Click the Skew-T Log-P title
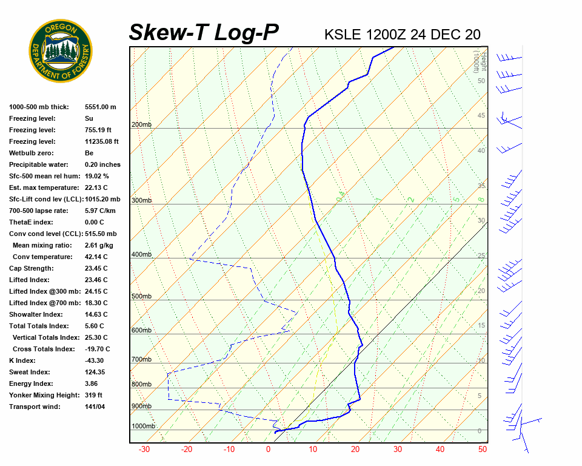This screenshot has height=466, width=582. pyautogui.click(x=204, y=33)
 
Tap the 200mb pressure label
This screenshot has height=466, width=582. pyautogui.click(x=141, y=125)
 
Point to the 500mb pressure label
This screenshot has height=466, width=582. pyautogui.click(x=141, y=296)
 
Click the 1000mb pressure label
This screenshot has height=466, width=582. pyautogui.click(x=143, y=426)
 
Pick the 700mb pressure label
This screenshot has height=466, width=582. pyautogui.click(x=141, y=359)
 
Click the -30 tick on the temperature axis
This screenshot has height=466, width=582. pyautogui.click(x=144, y=450)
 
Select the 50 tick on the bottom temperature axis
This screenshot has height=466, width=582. pyautogui.click(x=483, y=450)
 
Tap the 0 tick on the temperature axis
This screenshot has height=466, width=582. pyautogui.click(x=268, y=450)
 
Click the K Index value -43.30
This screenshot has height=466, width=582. pyautogui.click(x=96, y=360)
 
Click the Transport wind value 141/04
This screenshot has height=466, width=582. pyautogui.click(x=95, y=407)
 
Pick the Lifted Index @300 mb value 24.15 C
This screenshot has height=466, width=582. pyautogui.click(x=96, y=291)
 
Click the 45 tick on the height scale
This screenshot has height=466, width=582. pyautogui.click(x=481, y=116)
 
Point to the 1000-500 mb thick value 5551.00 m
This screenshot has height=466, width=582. pyautogui.click(x=101, y=107)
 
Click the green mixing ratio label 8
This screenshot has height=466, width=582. pyautogui.click(x=480, y=199)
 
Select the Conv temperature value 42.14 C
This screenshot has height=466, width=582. pyautogui.click(x=96, y=257)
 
